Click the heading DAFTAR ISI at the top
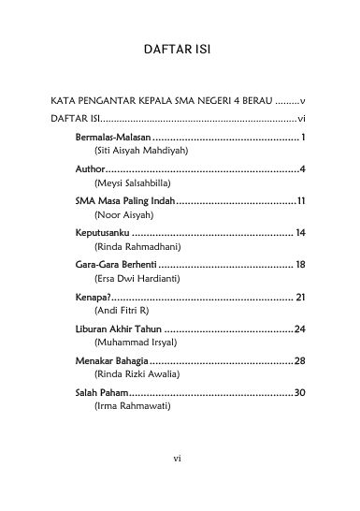(x=180, y=48)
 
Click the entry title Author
(x=91, y=169)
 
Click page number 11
(x=302, y=200)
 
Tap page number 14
(x=300, y=232)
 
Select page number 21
(x=300, y=297)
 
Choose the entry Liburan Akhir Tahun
(x=118, y=328)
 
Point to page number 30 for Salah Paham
(x=300, y=392)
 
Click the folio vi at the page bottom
(x=180, y=459)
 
